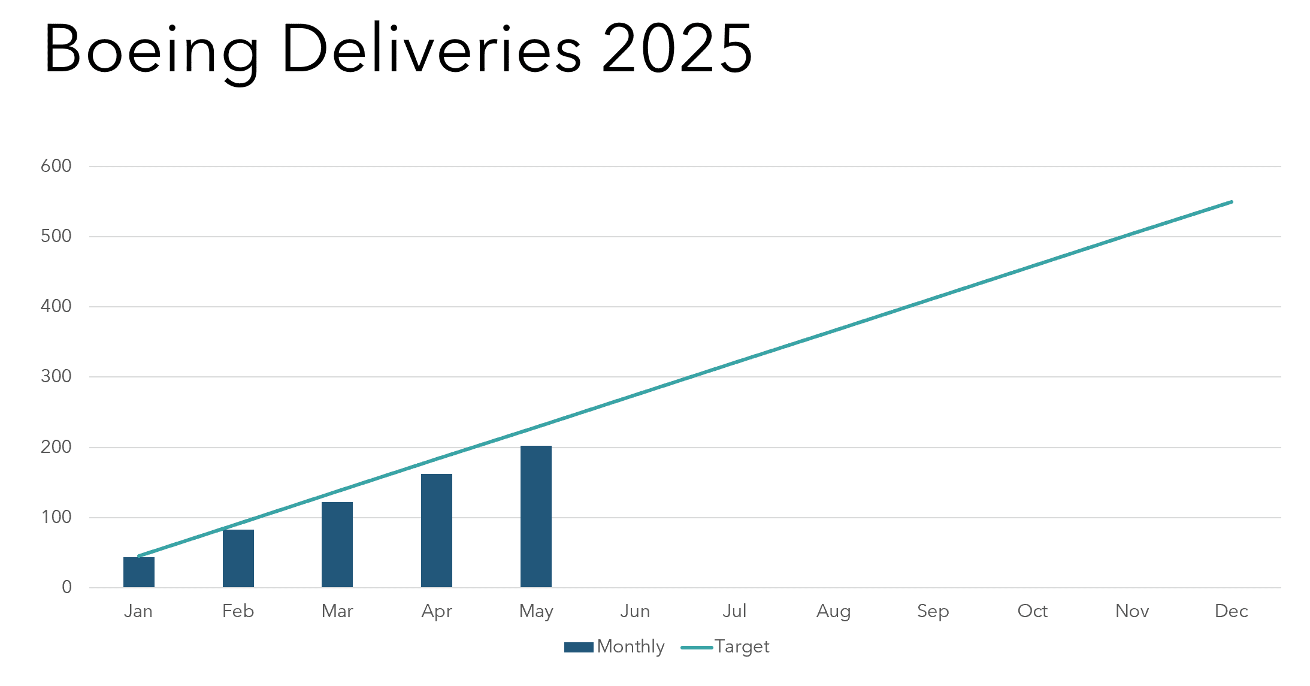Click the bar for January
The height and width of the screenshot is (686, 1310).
(139, 572)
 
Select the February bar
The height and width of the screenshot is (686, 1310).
(238, 558)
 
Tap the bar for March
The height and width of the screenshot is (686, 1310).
(337, 545)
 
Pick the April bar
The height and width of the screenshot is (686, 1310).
(437, 530)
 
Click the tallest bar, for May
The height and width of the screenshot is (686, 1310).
(536, 516)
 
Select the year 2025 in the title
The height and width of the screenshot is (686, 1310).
(677, 49)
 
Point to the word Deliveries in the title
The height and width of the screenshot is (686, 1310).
(431, 49)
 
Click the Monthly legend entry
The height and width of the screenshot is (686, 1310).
(615, 646)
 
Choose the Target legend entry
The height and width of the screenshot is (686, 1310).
(726, 646)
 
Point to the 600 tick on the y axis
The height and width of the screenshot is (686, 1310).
(56, 166)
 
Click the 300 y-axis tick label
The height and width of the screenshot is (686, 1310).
(56, 376)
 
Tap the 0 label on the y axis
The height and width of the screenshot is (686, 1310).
(66, 587)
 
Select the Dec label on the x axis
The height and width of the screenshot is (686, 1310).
(1231, 611)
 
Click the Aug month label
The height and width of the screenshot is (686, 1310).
(833, 611)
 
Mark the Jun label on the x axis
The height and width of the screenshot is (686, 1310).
(635, 611)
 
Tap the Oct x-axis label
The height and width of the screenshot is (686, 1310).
(1032, 611)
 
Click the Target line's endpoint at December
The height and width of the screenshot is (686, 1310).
(1231, 202)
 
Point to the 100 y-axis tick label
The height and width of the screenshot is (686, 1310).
(56, 517)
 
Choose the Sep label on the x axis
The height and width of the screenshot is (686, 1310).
(933, 611)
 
